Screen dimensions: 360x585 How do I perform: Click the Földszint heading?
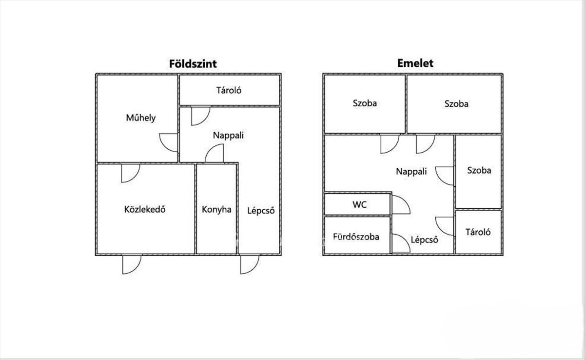click(193, 64)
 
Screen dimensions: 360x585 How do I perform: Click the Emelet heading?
click(415, 63)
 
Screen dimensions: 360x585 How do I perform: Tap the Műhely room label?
click(141, 118)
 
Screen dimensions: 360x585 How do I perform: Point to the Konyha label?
click(216, 210)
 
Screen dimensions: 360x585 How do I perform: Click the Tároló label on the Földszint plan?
click(229, 90)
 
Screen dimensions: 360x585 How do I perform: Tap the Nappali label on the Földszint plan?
click(228, 135)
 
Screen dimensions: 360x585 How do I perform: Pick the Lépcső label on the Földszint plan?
click(261, 211)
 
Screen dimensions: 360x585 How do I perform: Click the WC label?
click(360, 204)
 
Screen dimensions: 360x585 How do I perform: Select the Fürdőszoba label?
click(356, 237)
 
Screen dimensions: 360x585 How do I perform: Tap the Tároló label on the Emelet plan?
click(478, 232)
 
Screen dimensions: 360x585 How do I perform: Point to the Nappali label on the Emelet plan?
click(411, 171)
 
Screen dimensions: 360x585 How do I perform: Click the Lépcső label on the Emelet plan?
click(424, 240)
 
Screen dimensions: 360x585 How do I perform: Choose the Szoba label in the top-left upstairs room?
click(365, 103)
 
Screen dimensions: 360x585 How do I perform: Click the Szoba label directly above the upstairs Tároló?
click(479, 171)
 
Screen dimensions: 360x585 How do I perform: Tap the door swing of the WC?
click(400, 205)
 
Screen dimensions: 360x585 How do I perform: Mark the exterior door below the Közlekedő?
click(131, 264)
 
